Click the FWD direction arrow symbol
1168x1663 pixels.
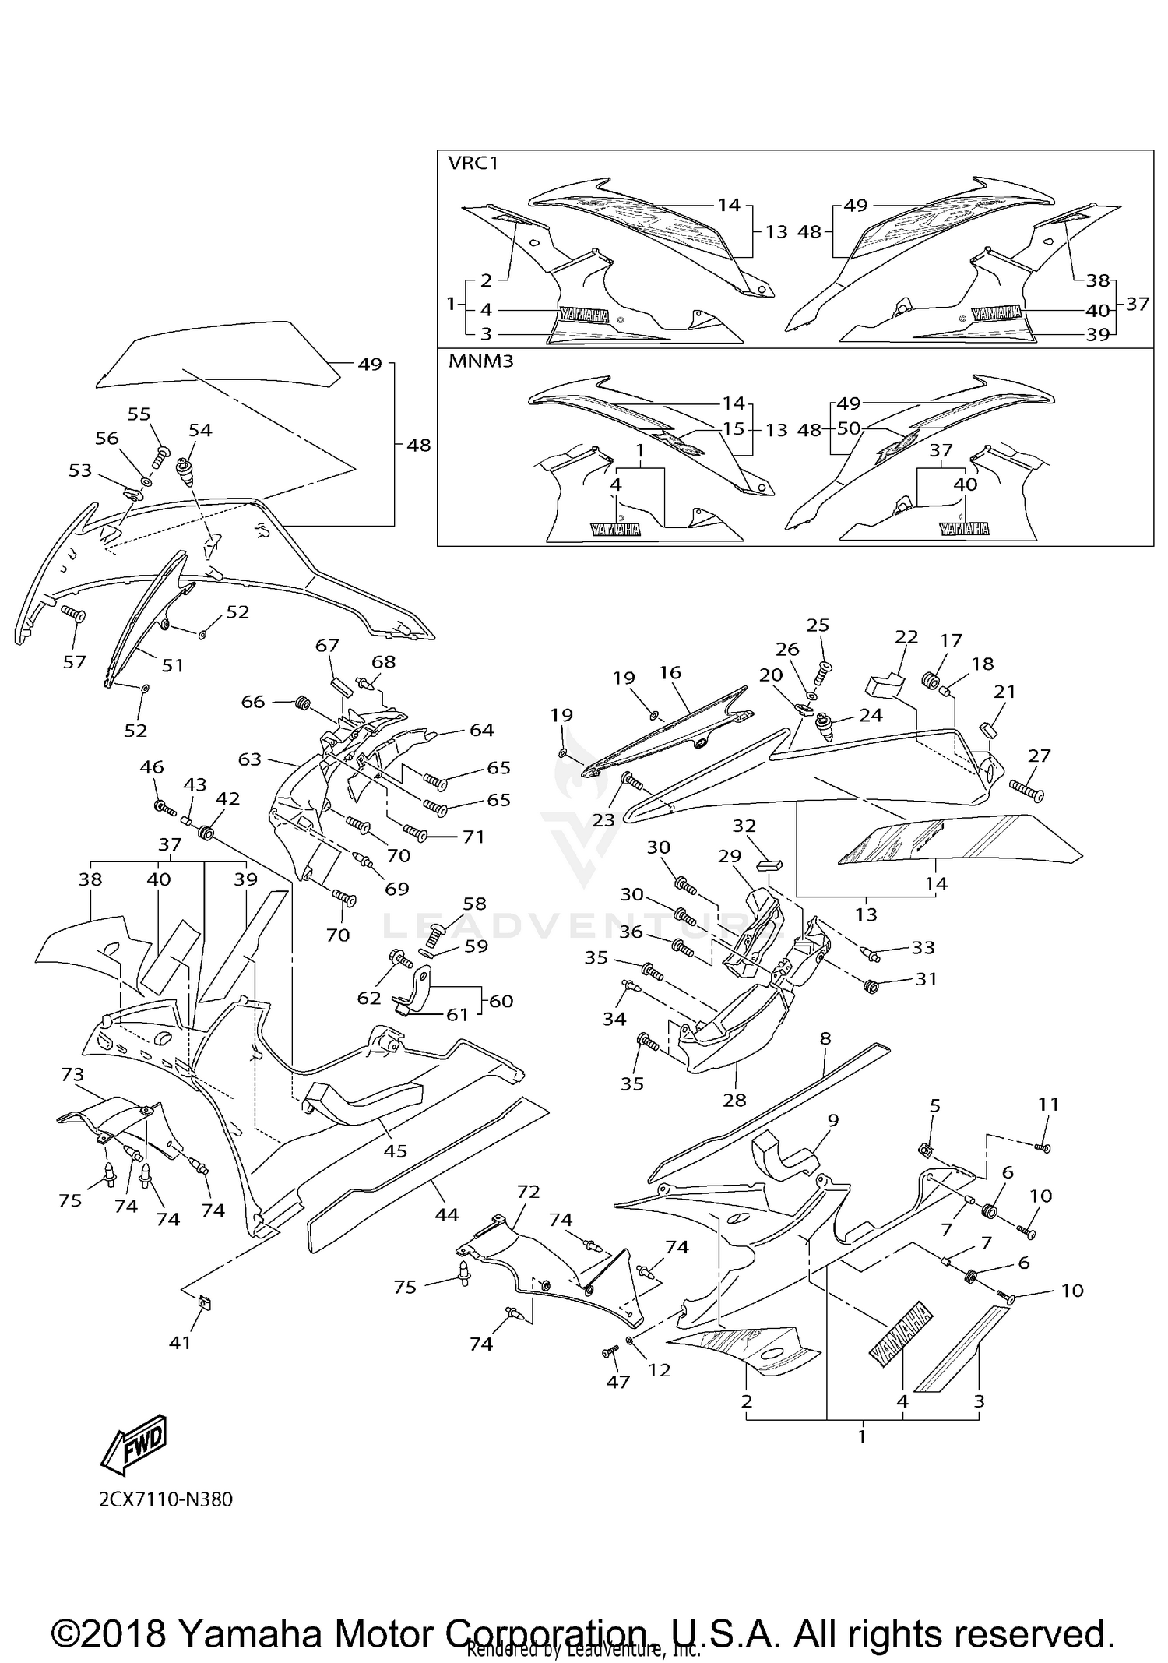(134, 1443)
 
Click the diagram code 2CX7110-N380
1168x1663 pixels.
(165, 1499)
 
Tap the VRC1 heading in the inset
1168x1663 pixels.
(472, 163)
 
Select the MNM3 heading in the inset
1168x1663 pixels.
(480, 361)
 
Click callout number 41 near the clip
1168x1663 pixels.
(180, 1342)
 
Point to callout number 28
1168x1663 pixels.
(734, 1100)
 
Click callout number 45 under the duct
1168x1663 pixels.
(396, 1150)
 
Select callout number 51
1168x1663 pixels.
(173, 664)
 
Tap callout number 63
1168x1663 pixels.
(249, 758)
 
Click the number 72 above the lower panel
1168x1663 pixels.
(528, 1191)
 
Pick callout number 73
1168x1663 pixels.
(72, 1074)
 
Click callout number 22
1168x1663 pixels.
(906, 636)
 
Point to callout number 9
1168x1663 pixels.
(832, 1120)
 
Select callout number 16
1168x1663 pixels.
(670, 671)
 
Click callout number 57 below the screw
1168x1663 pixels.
(74, 661)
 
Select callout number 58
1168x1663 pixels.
(474, 904)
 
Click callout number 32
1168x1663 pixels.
(744, 826)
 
